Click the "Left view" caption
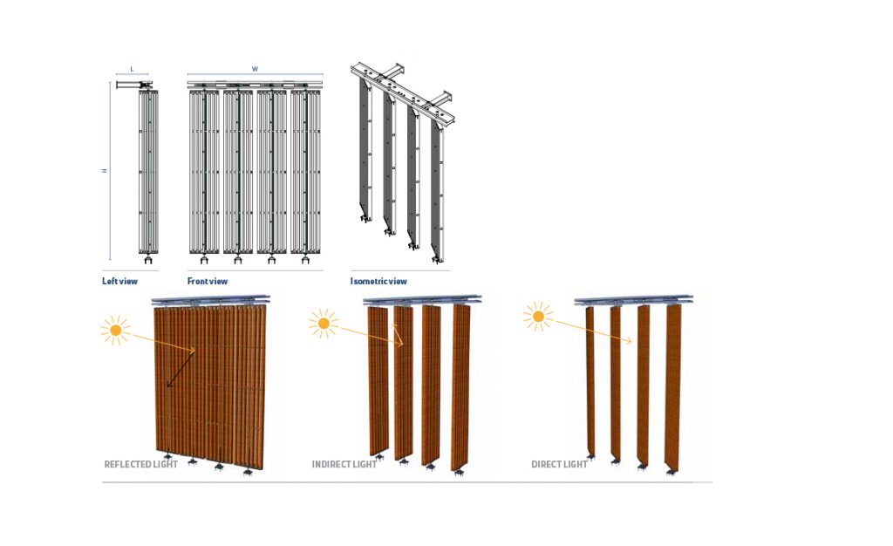click(119, 281)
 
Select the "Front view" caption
click(208, 281)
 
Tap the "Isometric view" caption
click(378, 281)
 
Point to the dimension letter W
click(255, 69)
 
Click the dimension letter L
click(133, 69)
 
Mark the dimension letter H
click(105, 170)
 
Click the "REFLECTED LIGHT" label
click(140, 464)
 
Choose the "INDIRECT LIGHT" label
click(344, 464)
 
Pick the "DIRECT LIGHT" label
click(559, 464)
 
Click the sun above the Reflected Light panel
click(116, 331)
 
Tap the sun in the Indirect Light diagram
click(324, 324)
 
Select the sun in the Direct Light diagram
click(538, 316)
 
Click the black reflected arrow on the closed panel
click(181, 369)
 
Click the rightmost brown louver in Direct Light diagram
click(673, 387)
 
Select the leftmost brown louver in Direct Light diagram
click(590, 380)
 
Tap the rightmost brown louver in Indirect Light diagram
click(460, 387)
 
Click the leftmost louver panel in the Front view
click(204, 171)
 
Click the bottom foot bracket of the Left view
click(148, 259)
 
